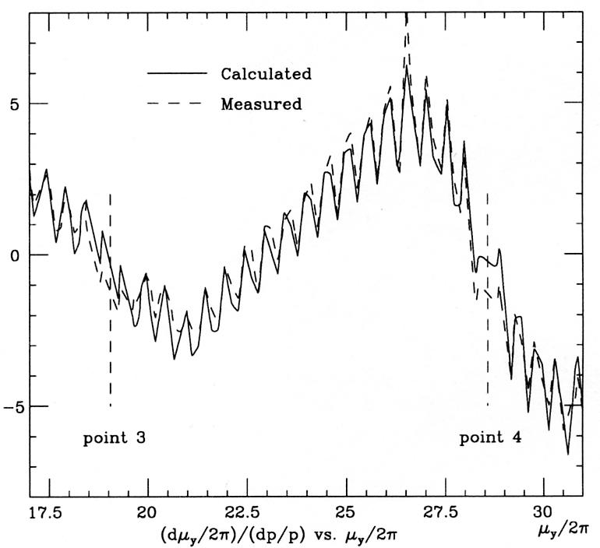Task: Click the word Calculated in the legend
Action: pyautogui.click(x=266, y=75)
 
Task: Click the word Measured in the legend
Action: pyautogui.click(x=261, y=104)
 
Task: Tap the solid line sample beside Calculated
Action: pyautogui.click(x=177, y=74)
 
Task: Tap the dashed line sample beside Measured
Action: pyautogui.click(x=177, y=104)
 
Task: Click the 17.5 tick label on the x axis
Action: pyautogui.click(x=48, y=512)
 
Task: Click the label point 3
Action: pyautogui.click(x=115, y=437)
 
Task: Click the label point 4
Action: pyautogui.click(x=491, y=437)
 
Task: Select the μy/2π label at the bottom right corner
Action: pyautogui.click(x=562, y=532)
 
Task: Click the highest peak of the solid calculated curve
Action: pyautogui.click(x=406, y=67)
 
